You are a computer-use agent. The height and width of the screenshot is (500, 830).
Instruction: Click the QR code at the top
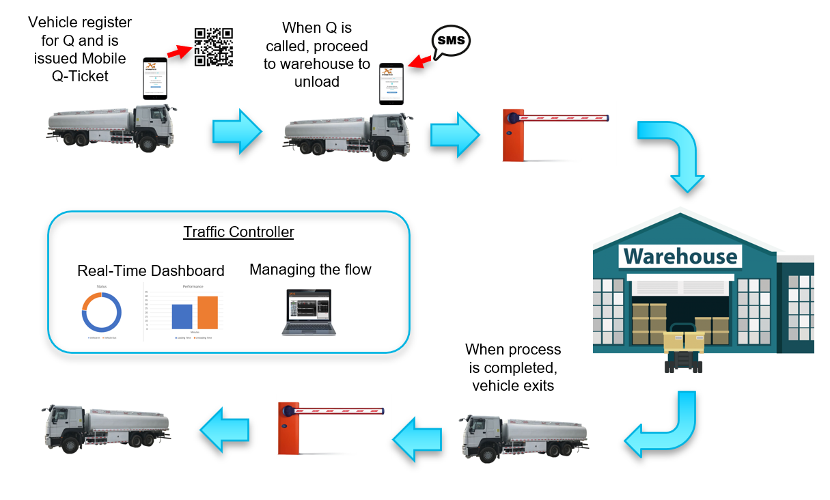214,47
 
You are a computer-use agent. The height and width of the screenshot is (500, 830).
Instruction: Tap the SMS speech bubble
451,42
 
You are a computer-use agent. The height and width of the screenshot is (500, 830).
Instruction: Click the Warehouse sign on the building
680,256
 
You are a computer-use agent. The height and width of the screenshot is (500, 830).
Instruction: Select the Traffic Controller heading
238,232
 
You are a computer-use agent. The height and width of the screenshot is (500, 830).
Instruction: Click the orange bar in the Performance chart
208,313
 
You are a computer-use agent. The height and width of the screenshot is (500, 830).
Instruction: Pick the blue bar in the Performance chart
182,317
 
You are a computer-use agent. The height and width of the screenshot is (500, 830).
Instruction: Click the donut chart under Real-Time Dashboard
102,312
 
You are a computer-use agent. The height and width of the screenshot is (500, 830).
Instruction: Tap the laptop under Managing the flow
309,313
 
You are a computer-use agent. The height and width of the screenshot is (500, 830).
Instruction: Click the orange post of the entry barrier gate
512,136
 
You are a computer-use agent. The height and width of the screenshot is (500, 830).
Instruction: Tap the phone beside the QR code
155,79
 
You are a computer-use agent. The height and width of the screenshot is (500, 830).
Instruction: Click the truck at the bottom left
106,428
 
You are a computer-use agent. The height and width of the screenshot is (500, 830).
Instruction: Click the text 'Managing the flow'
310,270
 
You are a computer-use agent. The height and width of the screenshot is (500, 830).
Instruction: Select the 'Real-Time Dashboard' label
150,270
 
